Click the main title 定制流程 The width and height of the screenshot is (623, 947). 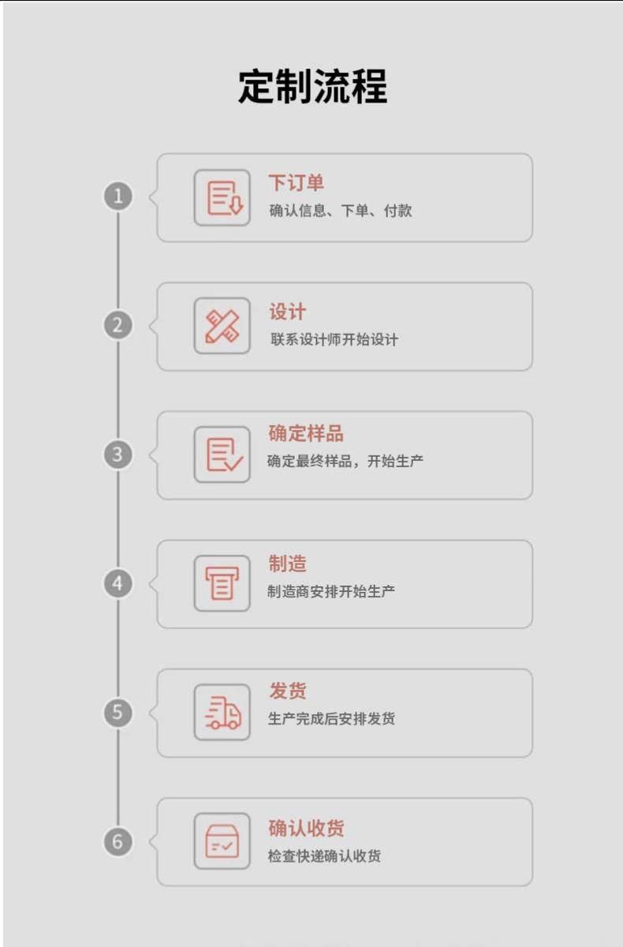(x=312, y=87)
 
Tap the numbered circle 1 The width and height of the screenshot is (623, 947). (x=118, y=196)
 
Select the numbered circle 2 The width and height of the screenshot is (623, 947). (x=118, y=325)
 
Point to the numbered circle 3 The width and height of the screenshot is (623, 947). (x=118, y=455)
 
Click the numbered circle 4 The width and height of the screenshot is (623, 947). (x=118, y=584)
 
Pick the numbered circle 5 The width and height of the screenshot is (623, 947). (x=118, y=713)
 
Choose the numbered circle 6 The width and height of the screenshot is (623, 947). (x=118, y=842)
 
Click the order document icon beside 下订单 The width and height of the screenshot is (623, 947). (x=222, y=197)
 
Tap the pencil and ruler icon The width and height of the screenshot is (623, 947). (x=222, y=326)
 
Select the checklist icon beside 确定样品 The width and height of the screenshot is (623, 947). (x=222, y=455)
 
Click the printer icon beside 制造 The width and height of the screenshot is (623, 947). (x=222, y=583)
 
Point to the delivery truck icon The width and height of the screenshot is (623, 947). (x=222, y=713)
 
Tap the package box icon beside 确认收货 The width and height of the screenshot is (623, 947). (x=222, y=841)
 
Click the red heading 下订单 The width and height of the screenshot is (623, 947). (x=296, y=183)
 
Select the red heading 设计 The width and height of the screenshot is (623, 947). (x=287, y=312)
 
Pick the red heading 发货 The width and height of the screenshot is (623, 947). (x=287, y=691)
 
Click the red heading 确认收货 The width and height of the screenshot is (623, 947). (x=306, y=829)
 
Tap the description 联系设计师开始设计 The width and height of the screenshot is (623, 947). (x=334, y=340)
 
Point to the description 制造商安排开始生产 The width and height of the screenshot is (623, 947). (x=331, y=591)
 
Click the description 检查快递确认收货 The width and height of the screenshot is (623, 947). (x=324, y=856)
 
